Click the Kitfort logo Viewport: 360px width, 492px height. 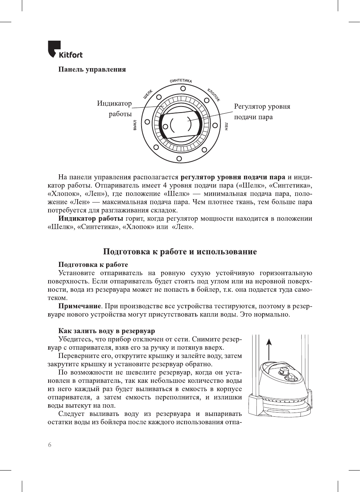tap(65, 50)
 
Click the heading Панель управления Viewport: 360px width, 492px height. tap(92, 69)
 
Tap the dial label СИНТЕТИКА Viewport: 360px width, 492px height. tap(181, 81)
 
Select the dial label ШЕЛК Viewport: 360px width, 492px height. tap(148, 94)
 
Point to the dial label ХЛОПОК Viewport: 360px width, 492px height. tap(213, 94)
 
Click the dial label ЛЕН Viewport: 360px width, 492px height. tap(226, 126)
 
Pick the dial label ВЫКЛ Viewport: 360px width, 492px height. tap(135, 125)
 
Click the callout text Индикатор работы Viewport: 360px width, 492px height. tap(114, 108)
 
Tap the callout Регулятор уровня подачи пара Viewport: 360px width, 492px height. tap(262, 111)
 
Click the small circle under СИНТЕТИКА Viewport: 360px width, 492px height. tap(183, 88)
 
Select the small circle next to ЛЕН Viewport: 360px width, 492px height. tap(215, 125)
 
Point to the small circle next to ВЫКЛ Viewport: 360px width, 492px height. tap(147, 122)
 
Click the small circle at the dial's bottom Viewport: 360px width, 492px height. tap(179, 159)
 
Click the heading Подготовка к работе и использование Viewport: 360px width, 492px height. tap(180, 252)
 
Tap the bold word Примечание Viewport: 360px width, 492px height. tap(80, 306)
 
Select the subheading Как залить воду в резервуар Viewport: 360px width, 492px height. tap(107, 331)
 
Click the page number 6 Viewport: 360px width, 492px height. tap(50, 445)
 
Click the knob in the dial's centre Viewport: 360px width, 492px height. tap(180, 124)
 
